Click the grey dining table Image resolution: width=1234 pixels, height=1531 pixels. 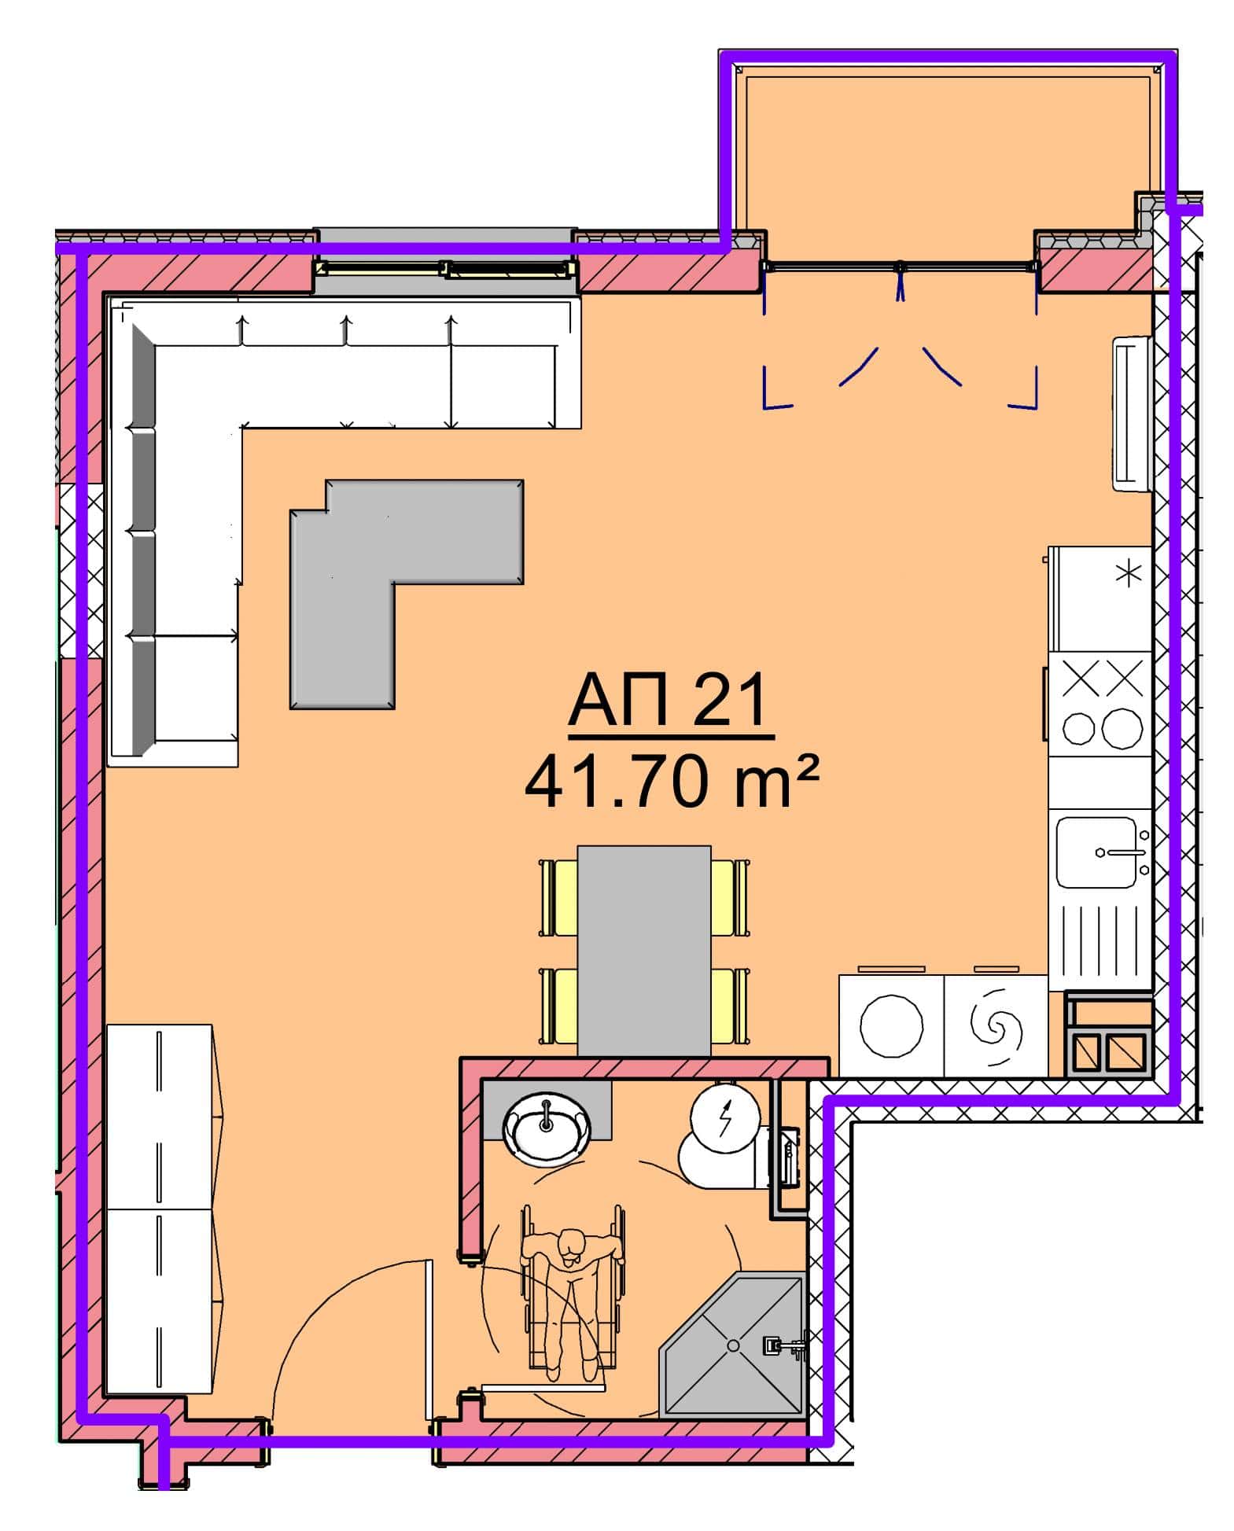point(644,950)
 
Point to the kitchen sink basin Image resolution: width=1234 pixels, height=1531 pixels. point(1096,852)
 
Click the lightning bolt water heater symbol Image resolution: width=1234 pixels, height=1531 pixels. point(725,1117)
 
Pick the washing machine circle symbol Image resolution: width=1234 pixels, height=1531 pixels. point(891,1026)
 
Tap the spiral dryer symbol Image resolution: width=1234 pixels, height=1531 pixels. point(996,1027)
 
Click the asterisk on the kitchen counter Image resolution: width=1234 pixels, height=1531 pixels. point(1129,573)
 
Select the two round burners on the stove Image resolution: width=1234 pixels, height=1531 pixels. point(1103,728)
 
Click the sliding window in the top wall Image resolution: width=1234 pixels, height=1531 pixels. point(444,269)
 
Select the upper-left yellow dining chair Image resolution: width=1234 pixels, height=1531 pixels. point(558,897)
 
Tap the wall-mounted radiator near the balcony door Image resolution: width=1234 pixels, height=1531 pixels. point(1132,414)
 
